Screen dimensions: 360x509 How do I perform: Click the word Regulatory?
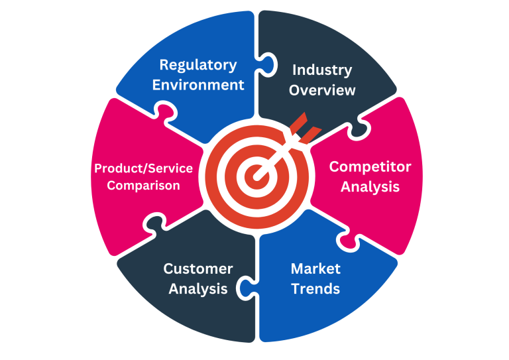[x=198, y=65]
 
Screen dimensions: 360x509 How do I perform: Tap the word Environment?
[x=198, y=85]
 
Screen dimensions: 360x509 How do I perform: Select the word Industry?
[x=322, y=70]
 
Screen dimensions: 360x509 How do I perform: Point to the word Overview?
[x=322, y=90]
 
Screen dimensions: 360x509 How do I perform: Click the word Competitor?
[x=370, y=166]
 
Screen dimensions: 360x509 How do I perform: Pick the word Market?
[x=315, y=269]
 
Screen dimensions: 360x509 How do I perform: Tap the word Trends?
[x=315, y=289]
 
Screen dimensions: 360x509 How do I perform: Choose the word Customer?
[x=198, y=269]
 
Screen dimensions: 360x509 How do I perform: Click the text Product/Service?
[x=143, y=168]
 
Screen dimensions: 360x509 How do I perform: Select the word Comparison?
[x=143, y=186]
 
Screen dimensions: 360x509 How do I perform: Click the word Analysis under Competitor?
[x=370, y=187]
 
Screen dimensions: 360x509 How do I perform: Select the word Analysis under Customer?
[x=198, y=289]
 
